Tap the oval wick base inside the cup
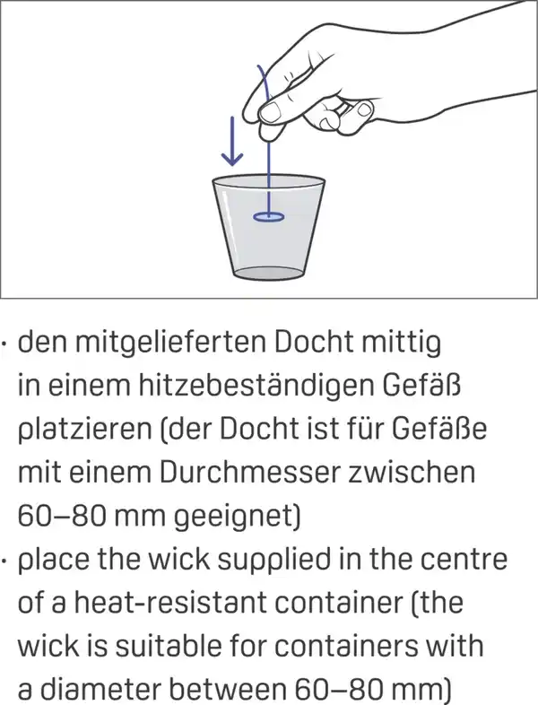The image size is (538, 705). tap(268, 215)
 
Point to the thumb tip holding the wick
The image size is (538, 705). tap(266, 131)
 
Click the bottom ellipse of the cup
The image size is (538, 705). tap(268, 272)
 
